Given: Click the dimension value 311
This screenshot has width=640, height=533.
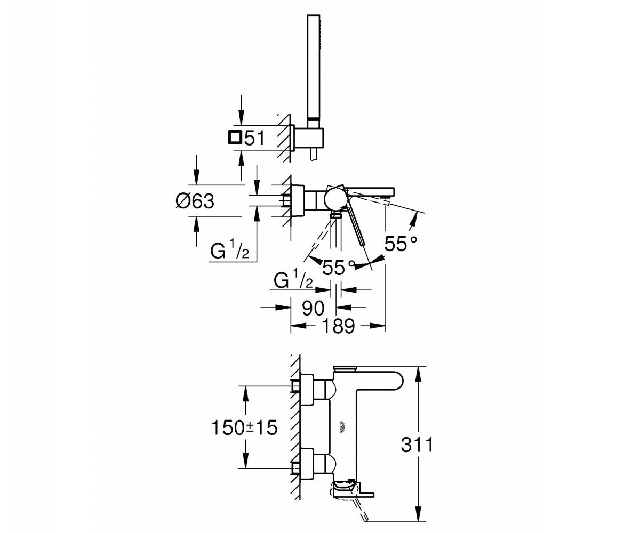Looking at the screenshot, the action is (x=417, y=445).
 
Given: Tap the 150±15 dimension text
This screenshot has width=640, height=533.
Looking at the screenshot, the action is (x=245, y=427).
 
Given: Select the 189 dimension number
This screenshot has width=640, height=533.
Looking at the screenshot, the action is (x=338, y=326).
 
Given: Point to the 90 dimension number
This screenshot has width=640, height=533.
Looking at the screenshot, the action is (x=313, y=308).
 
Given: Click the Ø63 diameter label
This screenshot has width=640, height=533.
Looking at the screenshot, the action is (x=195, y=201).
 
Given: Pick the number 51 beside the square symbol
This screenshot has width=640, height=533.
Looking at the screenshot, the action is (x=254, y=138).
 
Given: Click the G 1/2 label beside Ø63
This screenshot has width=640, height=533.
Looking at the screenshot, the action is (x=229, y=251).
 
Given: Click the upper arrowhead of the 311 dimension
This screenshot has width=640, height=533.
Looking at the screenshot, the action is (x=418, y=374).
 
